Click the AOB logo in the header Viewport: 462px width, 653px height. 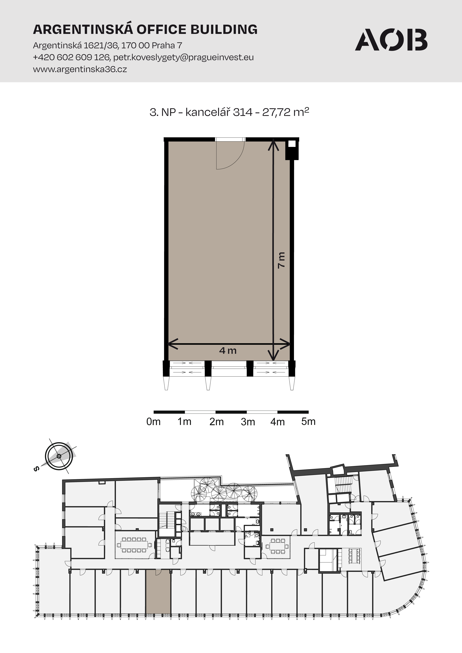(x=391, y=40)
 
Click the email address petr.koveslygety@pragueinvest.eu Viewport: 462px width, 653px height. (x=183, y=58)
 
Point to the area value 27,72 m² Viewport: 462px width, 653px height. (x=285, y=112)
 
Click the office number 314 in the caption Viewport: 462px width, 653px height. (x=243, y=112)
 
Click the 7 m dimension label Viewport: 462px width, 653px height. (x=281, y=260)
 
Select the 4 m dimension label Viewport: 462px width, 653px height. (x=228, y=350)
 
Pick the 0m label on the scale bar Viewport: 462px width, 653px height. (x=154, y=422)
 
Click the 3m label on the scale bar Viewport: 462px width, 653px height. (x=248, y=422)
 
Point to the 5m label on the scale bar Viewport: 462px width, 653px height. (x=308, y=422)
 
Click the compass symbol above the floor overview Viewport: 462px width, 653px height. (x=59, y=456)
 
